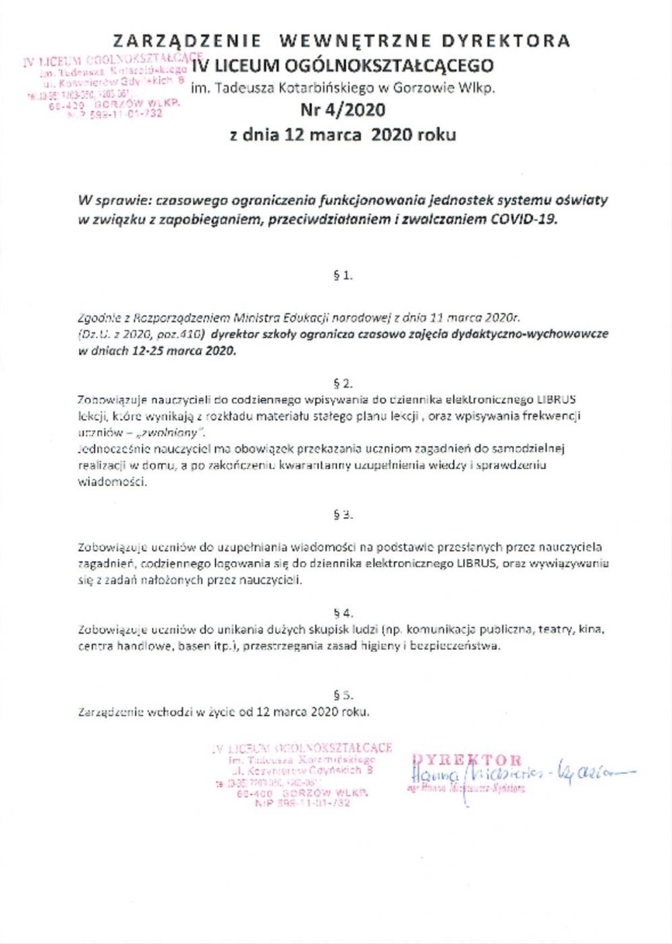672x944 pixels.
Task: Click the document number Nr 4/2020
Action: tap(343, 110)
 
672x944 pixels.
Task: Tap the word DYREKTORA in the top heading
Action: tap(506, 41)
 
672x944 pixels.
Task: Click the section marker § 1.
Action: tap(343, 275)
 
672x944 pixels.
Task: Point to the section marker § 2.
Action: tap(343, 383)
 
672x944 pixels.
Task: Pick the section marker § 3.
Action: tap(343, 514)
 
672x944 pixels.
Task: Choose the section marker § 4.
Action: tap(343, 613)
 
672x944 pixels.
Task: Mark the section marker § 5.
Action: tap(343, 695)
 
